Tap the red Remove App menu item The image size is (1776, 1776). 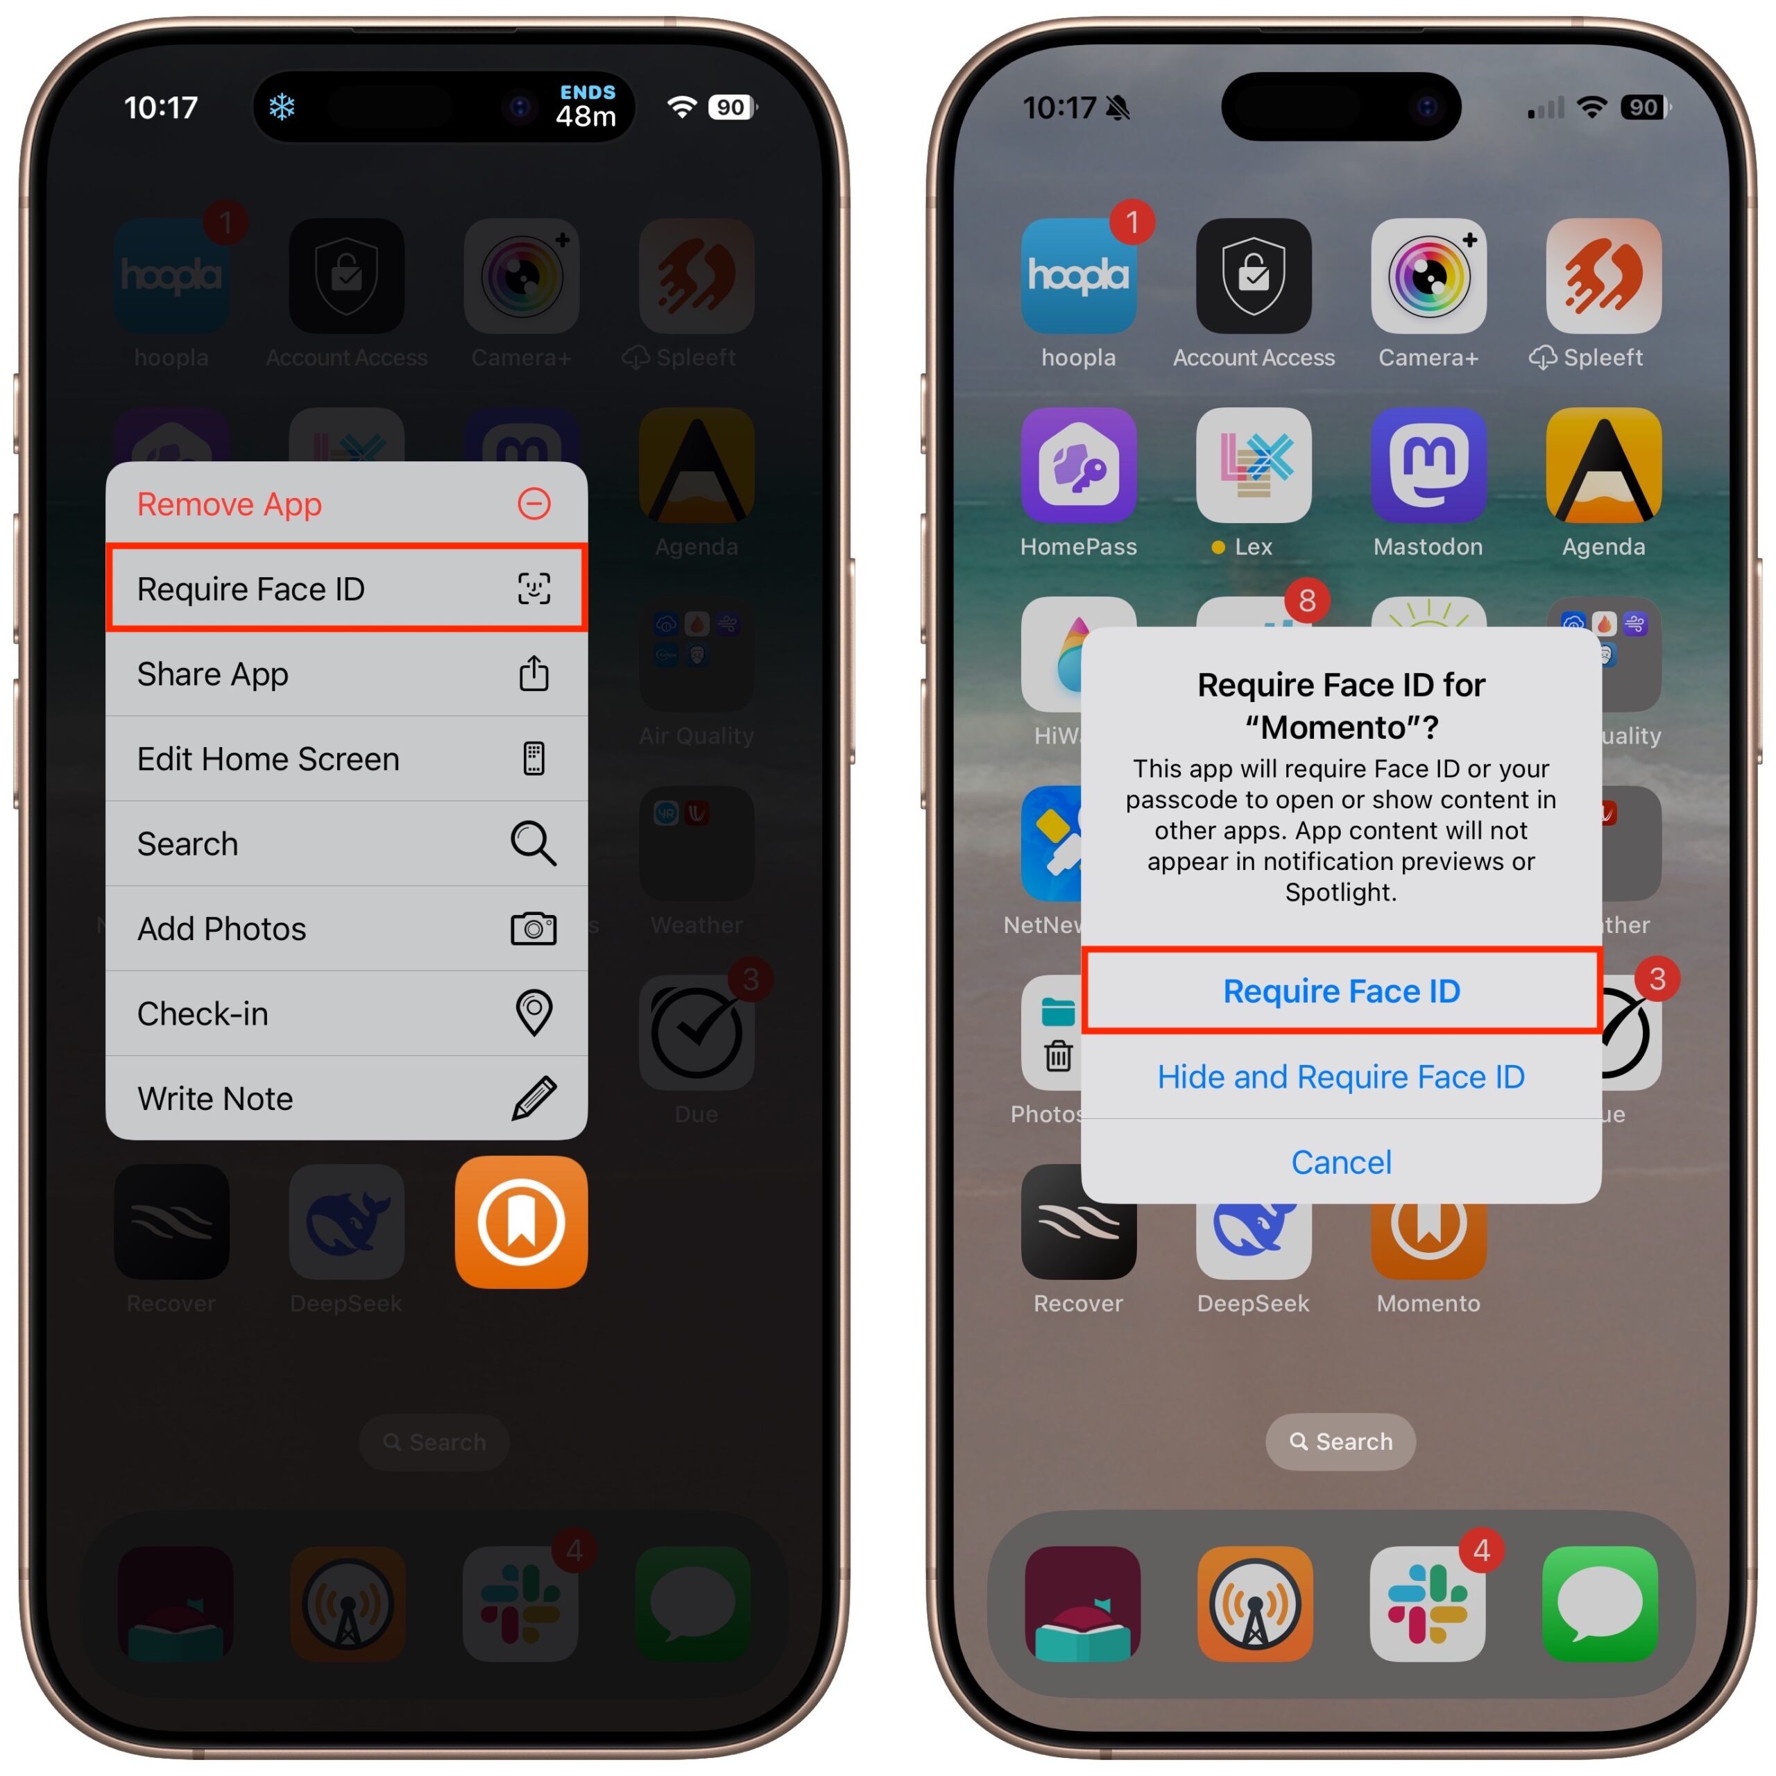point(230,504)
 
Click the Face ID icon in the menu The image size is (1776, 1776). point(533,588)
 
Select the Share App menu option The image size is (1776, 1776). point(213,674)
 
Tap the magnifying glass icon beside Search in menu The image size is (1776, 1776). point(533,843)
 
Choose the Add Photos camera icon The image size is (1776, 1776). point(533,928)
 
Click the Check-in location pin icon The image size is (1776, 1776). point(533,1013)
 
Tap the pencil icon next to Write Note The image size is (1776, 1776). point(533,1098)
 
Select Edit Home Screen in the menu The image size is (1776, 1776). point(268,758)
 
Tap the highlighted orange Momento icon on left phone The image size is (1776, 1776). point(521,1222)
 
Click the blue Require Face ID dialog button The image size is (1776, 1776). point(1340,991)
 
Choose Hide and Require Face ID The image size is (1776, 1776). point(1340,1077)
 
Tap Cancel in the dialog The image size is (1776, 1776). point(1340,1162)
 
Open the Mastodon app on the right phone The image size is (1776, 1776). point(1428,465)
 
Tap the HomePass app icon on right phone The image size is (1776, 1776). point(1078,465)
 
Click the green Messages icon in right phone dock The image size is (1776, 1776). point(1600,1603)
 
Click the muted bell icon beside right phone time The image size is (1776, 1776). point(1118,108)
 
